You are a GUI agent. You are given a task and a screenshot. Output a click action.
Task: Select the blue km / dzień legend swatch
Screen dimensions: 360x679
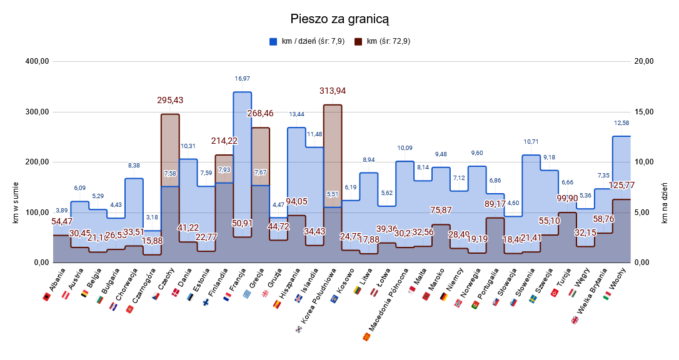click(273, 42)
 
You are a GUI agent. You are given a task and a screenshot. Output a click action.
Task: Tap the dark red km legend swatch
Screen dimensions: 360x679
click(358, 42)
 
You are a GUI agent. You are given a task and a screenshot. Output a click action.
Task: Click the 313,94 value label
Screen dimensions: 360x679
click(333, 91)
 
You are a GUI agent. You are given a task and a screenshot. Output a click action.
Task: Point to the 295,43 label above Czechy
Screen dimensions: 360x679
click(170, 100)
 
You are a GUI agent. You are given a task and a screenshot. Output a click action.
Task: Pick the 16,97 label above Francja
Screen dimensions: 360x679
click(242, 79)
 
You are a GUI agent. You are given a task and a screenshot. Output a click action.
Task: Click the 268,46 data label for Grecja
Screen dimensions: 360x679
click(261, 114)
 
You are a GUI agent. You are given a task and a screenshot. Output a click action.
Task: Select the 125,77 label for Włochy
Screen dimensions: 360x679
click(621, 186)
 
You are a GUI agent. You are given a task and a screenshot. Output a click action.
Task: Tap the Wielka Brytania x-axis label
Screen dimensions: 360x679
click(591, 302)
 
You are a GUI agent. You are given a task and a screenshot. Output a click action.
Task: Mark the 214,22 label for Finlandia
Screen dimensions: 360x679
click(224, 141)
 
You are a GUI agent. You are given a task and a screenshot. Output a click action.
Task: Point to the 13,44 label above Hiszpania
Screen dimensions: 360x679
click(296, 114)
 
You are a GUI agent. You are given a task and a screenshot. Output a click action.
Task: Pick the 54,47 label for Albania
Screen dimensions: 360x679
click(62, 221)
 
